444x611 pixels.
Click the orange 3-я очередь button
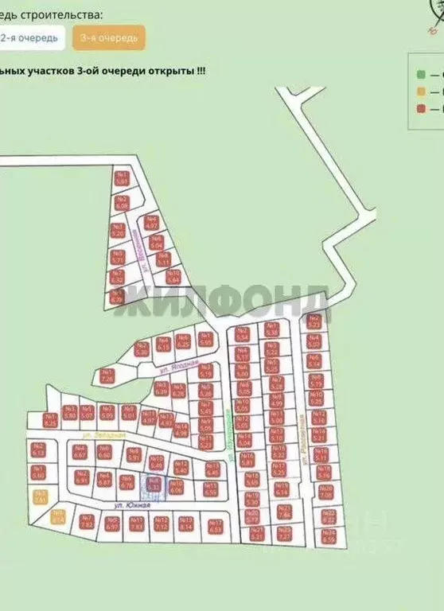click(x=108, y=37)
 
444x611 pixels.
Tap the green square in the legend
click(x=420, y=75)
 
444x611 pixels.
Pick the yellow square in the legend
click(x=420, y=91)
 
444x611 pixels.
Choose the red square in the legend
click(x=420, y=108)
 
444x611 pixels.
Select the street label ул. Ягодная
click(x=171, y=369)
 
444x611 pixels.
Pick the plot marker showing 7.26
click(x=107, y=376)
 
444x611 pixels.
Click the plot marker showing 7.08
click(x=325, y=491)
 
